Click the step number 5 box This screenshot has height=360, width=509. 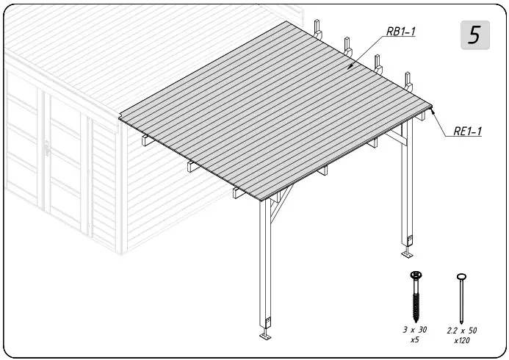(x=474, y=35)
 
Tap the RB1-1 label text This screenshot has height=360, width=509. (x=401, y=32)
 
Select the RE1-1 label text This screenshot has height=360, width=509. (x=467, y=132)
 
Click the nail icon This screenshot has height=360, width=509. (x=462, y=298)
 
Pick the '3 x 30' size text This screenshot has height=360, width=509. (x=415, y=331)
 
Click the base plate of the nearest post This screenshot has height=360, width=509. (x=265, y=337)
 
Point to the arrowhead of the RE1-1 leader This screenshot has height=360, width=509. (x=434, y=112)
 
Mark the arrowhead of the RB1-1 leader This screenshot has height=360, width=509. (x=350, y=67)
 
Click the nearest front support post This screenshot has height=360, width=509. (x=265, y=264)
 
